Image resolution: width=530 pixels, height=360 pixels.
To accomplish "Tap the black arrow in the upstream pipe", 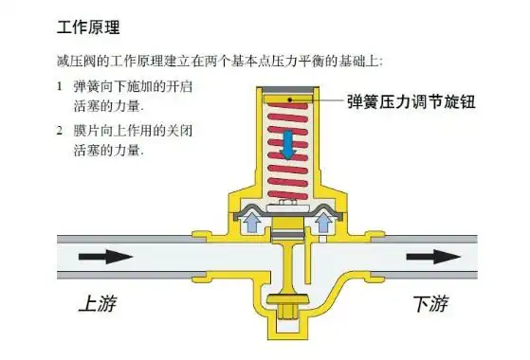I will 108,256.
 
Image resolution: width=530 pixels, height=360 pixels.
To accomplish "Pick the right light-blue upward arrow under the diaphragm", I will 323,223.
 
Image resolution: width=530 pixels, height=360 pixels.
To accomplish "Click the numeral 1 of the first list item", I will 60,87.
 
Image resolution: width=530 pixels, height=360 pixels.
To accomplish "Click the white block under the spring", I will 286,207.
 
